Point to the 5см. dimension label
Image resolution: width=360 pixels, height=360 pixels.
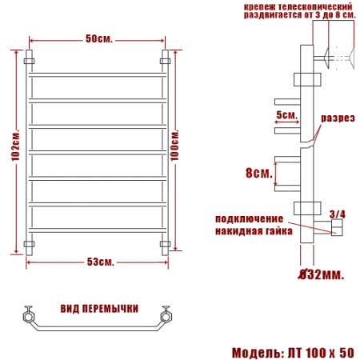[x=286, y=115]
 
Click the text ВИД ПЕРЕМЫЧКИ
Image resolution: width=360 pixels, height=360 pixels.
[x=98, y=308]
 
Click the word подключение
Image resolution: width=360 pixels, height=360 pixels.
[x=249, y=218]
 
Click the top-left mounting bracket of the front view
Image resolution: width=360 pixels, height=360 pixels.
[x=30, y=60]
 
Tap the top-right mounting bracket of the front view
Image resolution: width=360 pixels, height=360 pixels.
[x=166, y=60]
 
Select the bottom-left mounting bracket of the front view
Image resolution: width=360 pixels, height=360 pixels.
[x=30, y=244]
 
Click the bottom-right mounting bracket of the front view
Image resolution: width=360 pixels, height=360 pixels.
[x=166, y=244]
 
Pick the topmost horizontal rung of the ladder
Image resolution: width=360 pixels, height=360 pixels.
[x=98, y=78]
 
